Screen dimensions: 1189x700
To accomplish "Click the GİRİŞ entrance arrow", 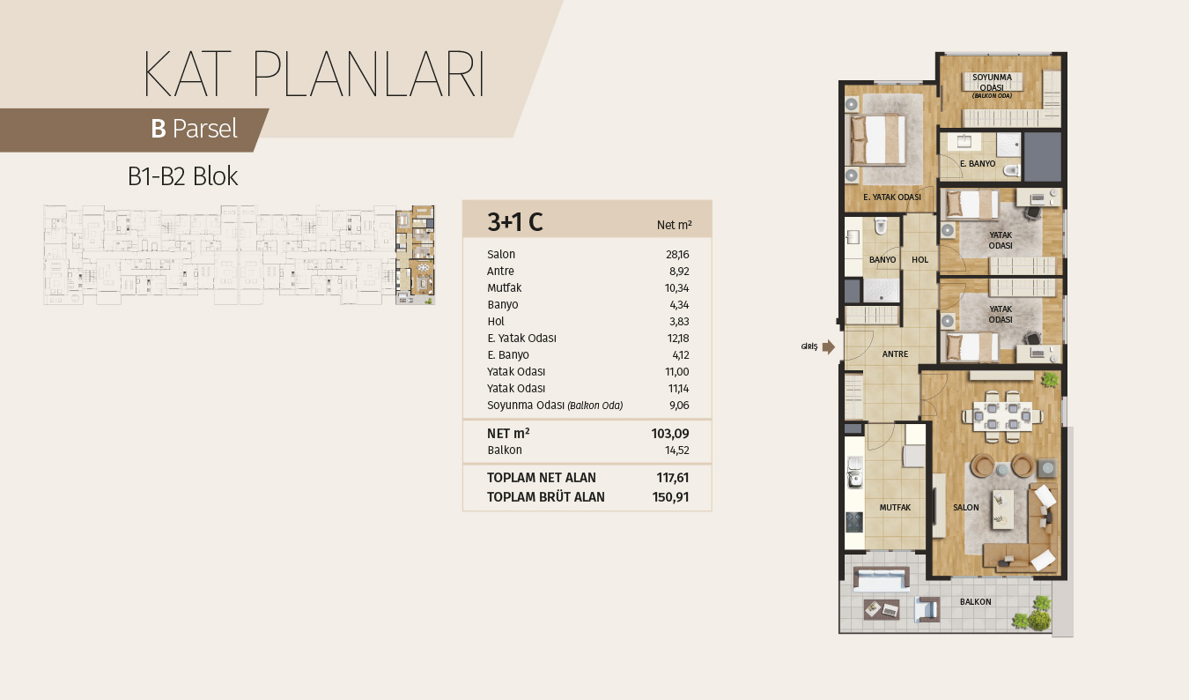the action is click(828, 347).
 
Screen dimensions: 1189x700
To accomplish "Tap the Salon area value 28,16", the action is click(677, 255).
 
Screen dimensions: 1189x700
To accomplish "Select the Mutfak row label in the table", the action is click(505, 288).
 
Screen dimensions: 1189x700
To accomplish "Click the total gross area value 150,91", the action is click(670, 497).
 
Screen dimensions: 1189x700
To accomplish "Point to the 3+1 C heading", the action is click(515, 221).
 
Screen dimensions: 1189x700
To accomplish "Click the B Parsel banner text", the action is click(195, 129).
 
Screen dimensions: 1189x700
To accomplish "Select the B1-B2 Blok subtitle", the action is click(182, 176).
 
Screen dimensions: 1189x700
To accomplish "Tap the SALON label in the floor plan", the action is click(966, 508).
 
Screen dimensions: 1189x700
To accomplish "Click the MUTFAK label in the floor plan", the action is click(895, 508).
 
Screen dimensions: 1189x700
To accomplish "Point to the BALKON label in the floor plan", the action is click(975, 601).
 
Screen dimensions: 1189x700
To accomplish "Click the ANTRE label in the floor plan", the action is click(895, 354).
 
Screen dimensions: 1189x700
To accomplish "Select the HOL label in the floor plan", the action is click(919, 260).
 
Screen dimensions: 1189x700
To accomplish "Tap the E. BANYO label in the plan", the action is click(978, 164).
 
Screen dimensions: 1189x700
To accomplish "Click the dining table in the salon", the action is click(1002, 417).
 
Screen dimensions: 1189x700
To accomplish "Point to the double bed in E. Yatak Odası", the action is click(877, 139).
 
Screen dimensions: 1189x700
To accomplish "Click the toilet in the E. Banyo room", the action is click(1012, 171).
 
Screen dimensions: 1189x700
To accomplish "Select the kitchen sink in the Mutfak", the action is click(854, 472).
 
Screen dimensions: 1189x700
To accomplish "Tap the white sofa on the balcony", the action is click(881, 579).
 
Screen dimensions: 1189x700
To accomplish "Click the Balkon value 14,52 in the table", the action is click(677, 451).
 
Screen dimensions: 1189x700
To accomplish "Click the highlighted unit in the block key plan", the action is click(415, 255).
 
